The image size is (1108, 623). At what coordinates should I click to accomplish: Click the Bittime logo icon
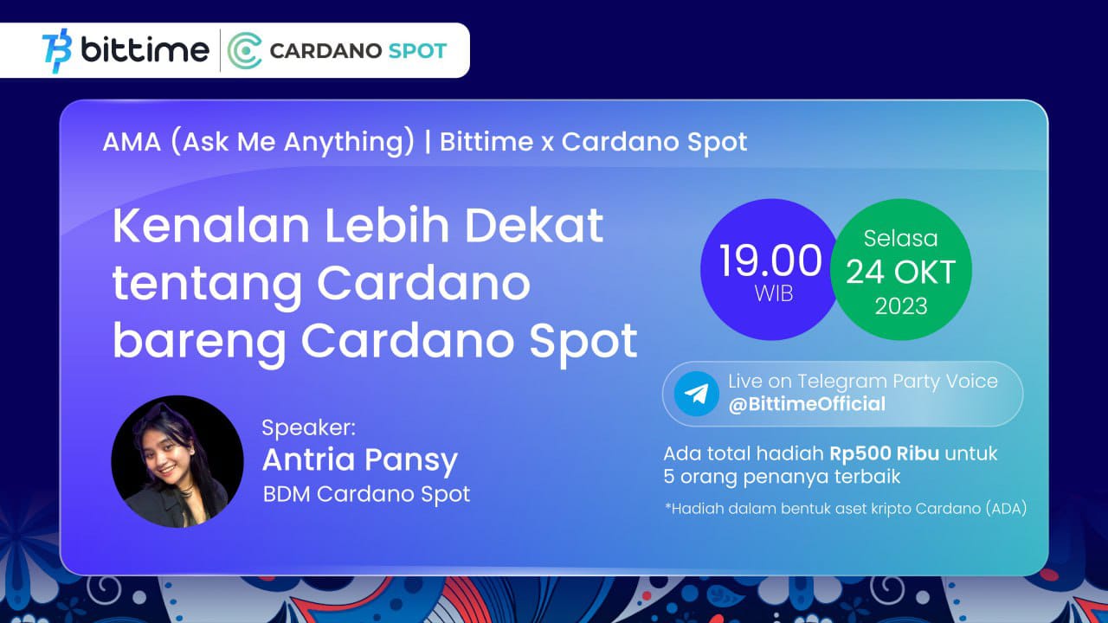(x=57, y=50)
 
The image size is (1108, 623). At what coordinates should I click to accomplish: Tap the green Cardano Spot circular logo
(x=245, y=50)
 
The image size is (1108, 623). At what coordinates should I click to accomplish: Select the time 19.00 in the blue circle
(x=770, y=260)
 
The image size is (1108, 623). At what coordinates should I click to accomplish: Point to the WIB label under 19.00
(x=774, y=293)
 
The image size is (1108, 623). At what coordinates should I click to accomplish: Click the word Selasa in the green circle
(x=901, y=239)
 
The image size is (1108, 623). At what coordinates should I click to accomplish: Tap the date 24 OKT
(x=900, y=272)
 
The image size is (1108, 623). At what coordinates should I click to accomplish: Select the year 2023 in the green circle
(x=901, y=306)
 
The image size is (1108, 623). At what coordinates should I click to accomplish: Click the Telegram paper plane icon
(x=697, y=394)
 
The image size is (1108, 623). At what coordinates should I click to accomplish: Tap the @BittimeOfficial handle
(x=807, y=404)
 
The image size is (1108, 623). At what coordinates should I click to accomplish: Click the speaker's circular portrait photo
(x=177, y=461)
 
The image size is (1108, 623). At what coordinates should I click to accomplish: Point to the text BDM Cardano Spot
(x=366, y=494)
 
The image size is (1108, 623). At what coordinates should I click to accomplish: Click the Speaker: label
(x=309, y=427)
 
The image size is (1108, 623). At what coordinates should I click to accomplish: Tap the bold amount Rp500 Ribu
(x=884, y=454)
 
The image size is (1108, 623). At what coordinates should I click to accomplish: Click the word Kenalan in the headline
(x=211, y=226)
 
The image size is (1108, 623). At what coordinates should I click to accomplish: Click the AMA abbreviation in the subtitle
(x=132, y=143)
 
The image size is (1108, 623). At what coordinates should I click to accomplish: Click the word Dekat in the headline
(x=534, y=226)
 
